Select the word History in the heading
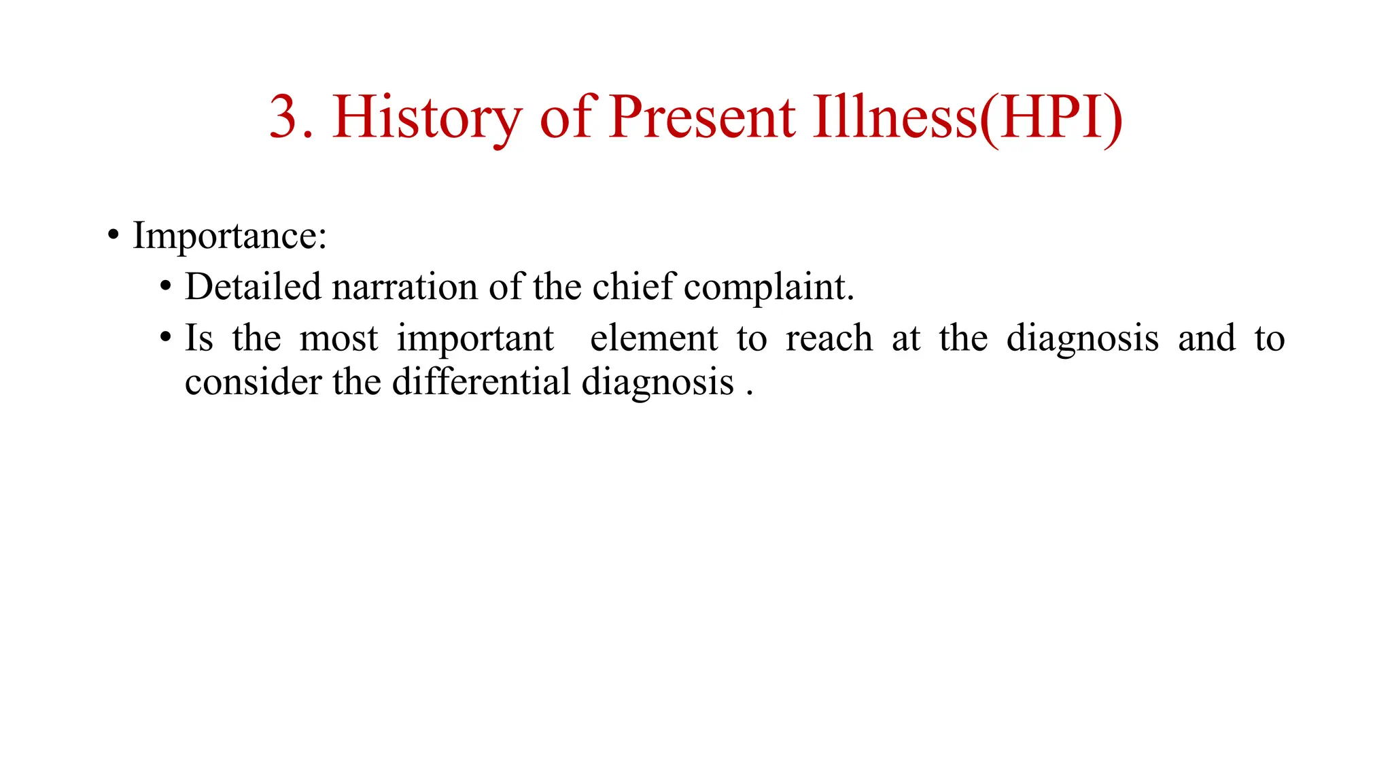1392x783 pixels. (x=427, y=117)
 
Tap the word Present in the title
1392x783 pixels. (x=701, y=117)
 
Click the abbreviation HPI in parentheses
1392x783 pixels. (x=1051, y=117)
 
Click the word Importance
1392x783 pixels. (x=229, y=236)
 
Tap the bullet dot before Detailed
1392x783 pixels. (x=165, y=287)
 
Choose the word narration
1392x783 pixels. (x=405, y=286)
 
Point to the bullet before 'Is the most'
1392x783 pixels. (x=165, y=338)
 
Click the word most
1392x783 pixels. (x=338, y=338)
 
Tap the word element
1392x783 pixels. (x=654, y=338)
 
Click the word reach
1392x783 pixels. (x=829, y=338)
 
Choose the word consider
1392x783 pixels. (x=253, y=381)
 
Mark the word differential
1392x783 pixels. (x=481, y=381)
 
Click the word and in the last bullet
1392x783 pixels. (x=1206, y=338)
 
